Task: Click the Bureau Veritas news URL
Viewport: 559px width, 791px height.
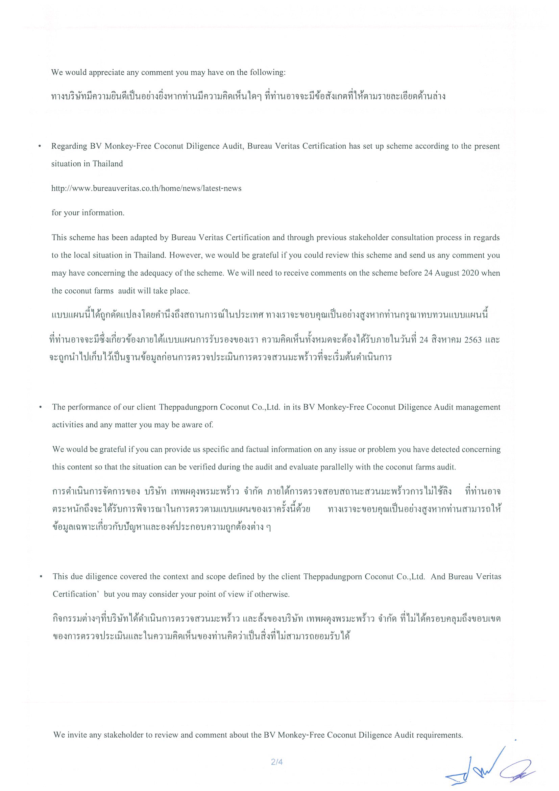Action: point(146,188)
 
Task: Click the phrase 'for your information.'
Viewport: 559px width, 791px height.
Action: point(88,213)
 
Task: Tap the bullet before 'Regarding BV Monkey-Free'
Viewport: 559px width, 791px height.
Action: point(40,146)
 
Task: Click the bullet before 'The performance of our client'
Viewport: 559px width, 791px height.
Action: point(41,408)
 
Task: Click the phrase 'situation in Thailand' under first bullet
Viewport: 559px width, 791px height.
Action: point(87,164)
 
